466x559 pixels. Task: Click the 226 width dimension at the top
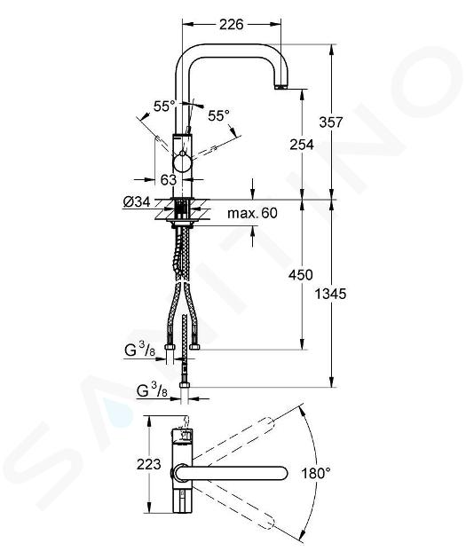[x=231, y=24]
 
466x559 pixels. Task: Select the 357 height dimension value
[x=331, y=122]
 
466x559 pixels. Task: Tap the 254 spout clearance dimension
[x=302, y=145]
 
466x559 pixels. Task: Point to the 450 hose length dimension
[x=301, y=275]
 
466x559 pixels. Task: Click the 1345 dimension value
[x=330, y=294]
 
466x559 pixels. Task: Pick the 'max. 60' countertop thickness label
[x=252, y=213]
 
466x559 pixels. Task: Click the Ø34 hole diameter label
[x=137, y=202]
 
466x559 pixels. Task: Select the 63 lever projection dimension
[x=169, y=179]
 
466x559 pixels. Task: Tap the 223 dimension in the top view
[x=149, y=464]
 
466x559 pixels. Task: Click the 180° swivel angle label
[x=316, y=474]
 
